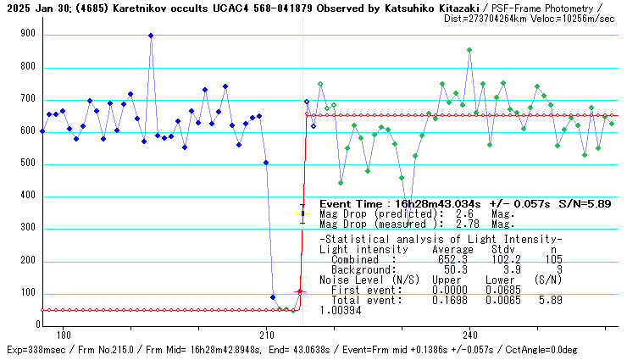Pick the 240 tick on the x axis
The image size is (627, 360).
coord(469,335)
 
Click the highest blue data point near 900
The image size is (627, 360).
coord(151,36)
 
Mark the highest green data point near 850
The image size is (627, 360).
coord(469,50)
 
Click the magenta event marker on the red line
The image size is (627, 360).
coord(299,291)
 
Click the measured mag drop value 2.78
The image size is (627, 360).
coord(467,224)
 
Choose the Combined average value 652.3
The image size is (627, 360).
coord(447,259)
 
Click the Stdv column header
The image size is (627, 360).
coord(503,250)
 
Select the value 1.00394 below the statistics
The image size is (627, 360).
coord(341,310)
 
